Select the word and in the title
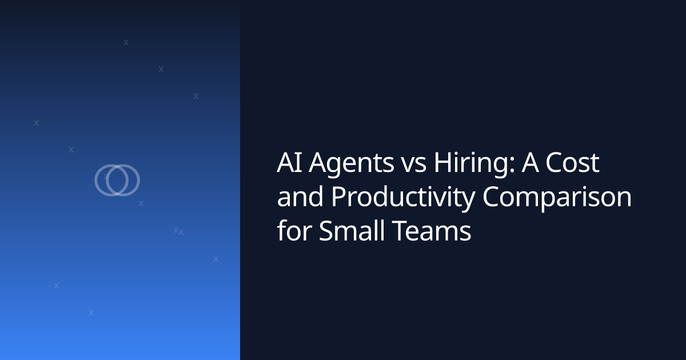pos(300,198)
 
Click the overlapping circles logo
pos(117,180)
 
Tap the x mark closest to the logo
pos(141,203)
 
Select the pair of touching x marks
pos(178,231)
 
